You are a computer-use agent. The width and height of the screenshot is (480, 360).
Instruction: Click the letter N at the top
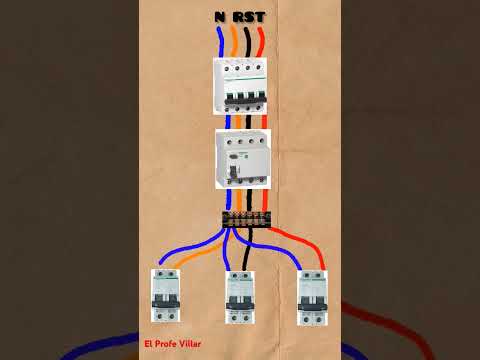click(219, 17)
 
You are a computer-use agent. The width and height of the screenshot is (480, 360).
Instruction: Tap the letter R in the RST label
click(239, 17)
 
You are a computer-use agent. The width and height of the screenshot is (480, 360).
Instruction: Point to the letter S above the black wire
click(250, 17)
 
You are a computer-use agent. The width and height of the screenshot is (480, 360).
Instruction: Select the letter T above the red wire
click(261, 17)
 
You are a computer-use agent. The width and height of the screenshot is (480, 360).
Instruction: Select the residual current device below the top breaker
click(242, 158)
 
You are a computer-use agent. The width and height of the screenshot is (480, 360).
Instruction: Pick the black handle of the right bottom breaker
click(312, 298)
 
